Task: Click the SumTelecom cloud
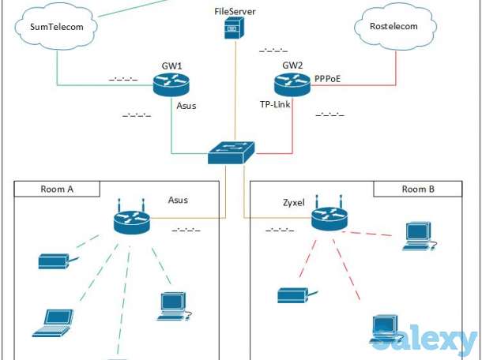click(x=56, y=28)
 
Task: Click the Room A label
click(x=58, y=189)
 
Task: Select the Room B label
click(x=419, y=189)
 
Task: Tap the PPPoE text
click(x=329, y=80)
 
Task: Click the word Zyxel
click(x=294, y=203)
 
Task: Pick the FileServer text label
click(x=235, y=12)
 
